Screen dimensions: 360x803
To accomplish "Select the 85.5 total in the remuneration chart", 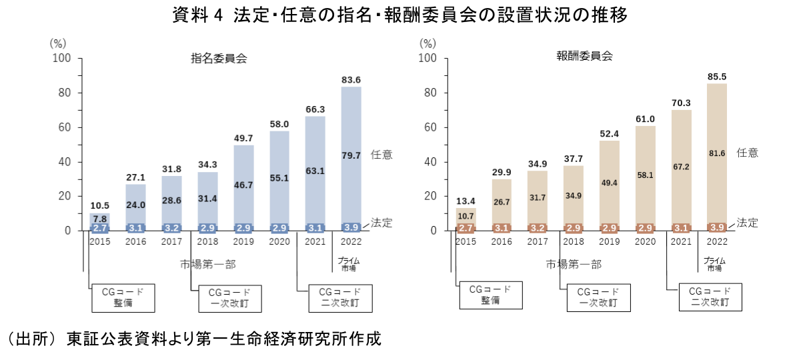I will click(717, 77).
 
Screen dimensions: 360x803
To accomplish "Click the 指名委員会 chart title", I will click(219, 58).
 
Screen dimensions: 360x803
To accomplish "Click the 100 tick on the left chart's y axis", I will click(62, 59).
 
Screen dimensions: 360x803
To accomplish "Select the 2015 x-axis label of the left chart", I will click(99, 241).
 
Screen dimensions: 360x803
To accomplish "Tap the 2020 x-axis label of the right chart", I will click(646, 241).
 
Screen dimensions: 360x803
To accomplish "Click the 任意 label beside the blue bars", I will click(382, 155).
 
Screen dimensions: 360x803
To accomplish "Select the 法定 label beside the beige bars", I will click(747, 223).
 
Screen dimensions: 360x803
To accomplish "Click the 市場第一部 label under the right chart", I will click(574, 264).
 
